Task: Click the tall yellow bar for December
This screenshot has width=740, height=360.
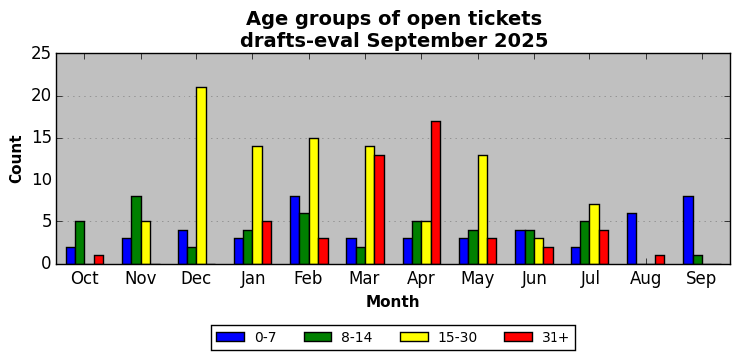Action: [x=201, y=176]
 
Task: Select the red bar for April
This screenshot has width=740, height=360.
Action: [x=436, y=192]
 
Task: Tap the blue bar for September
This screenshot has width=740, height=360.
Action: [x=688, y=230]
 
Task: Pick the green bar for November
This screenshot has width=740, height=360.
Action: [x=136, y=230]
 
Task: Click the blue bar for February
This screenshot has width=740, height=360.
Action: [x=295, y=230]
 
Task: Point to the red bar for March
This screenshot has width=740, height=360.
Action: [x=379, y=209]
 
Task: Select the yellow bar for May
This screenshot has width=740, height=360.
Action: [x=483, y=209]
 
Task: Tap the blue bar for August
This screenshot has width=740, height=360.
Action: [x=632, y=238]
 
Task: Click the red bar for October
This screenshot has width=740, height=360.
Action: [x=99, y=260]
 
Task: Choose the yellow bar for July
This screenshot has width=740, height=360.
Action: [x=594, y=234]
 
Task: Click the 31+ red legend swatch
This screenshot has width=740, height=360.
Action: [x=518, y=337]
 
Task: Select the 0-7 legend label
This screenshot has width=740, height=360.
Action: [x=265, y=337]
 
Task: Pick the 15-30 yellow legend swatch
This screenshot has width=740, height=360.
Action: [x=414, y=337]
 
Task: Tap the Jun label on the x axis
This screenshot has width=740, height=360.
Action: [x=534, y=279]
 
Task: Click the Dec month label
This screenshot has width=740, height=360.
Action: [x=196, y=278]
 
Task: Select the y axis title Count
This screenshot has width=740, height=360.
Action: [x=16, y=159]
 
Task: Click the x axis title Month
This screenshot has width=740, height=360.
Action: [x=393, y=301]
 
